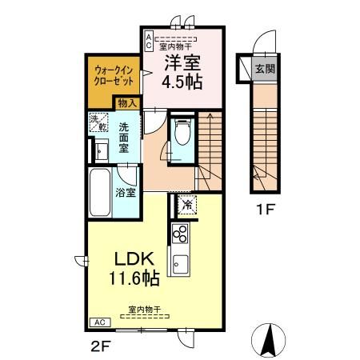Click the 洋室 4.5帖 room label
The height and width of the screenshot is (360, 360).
[182, 72]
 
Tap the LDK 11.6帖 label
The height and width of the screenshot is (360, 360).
[134, 269]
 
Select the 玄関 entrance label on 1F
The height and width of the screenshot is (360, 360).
[265, 69]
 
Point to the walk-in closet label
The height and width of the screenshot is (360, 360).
[114, 75]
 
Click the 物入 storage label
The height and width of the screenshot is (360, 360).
[127, 103]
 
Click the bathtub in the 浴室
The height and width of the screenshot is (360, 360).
[100, 192]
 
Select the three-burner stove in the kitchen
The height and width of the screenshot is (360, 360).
[180, 234]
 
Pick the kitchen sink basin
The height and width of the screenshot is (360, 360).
[180, 264]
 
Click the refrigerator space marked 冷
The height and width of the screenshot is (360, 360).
[187, 205]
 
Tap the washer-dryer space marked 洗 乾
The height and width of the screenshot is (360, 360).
[98, 122]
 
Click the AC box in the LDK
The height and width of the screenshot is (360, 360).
[100, 322]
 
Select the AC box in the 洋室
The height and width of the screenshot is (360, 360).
[149, 41]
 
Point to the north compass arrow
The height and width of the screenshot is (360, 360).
[268, 340]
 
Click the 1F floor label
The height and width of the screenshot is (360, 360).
[265, 210]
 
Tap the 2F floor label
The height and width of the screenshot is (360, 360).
[101, 346]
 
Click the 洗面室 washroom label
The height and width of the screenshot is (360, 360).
[124, 138]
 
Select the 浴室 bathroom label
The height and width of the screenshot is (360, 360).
[126, 193]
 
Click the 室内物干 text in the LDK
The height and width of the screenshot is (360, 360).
[145, 310]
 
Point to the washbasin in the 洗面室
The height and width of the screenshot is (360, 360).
[102, 151]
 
